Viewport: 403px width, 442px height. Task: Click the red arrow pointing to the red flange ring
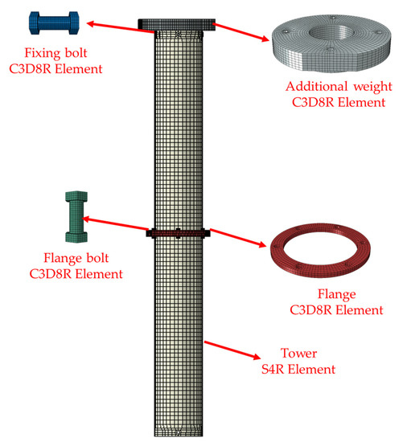pyautogui.click(x=236, y=238)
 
